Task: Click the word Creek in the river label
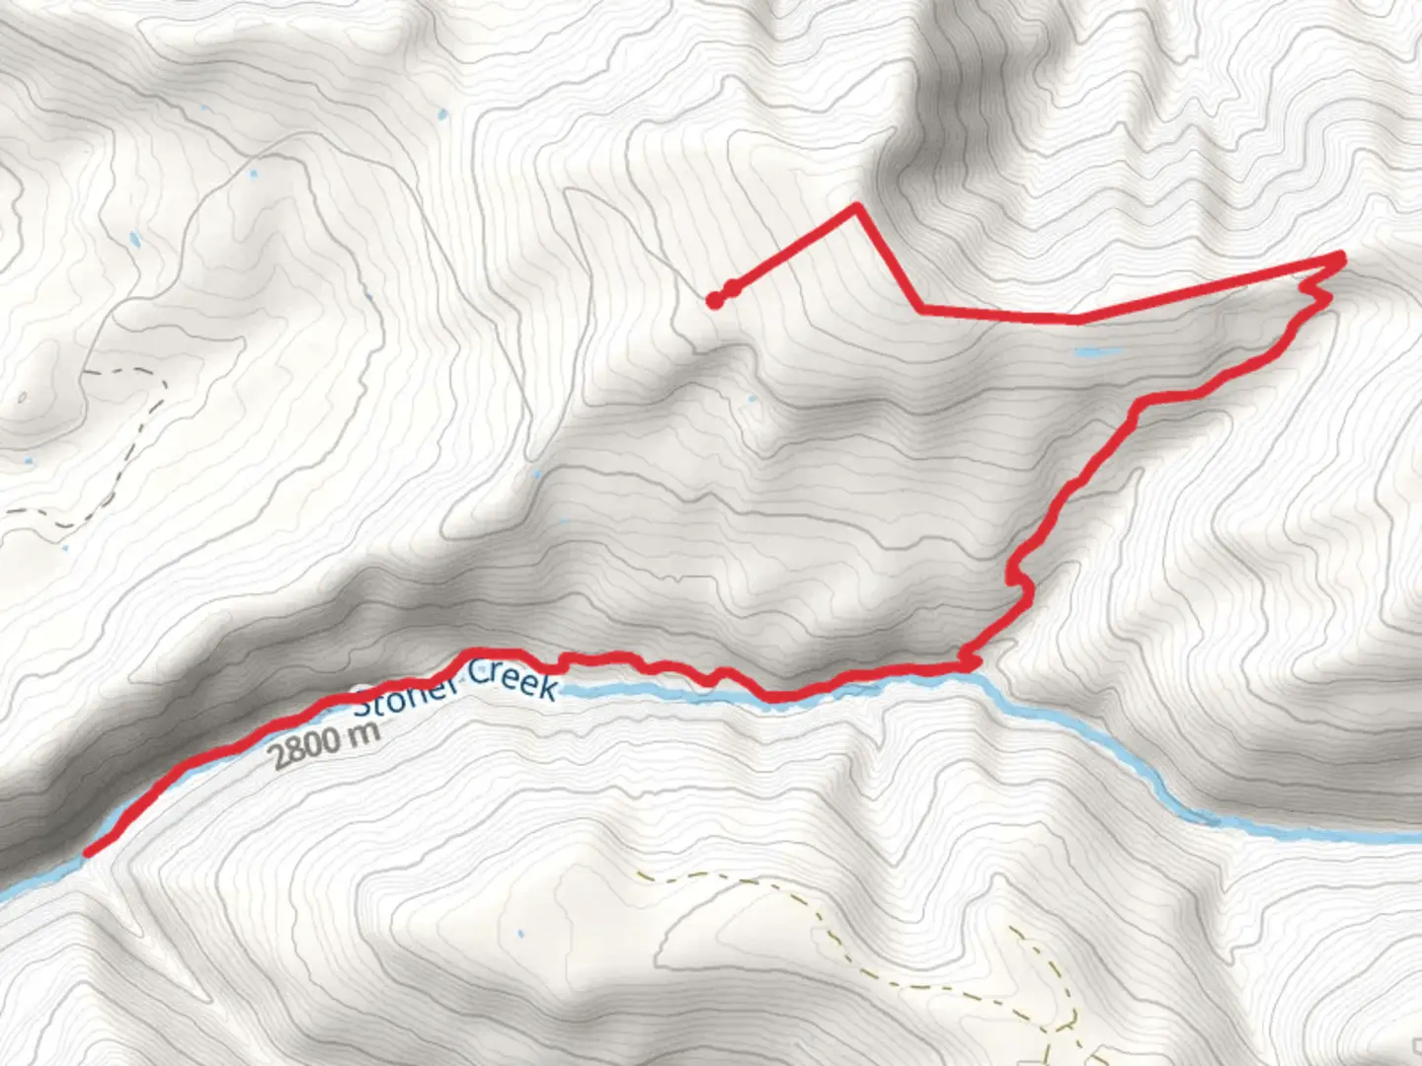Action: pyautogui.click(x=512, y=679)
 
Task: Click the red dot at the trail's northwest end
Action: pyautogui.click(x=713, y=301)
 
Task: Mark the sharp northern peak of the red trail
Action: pyautogui.click(x=857, y=206)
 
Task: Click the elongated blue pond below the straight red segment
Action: pyautogui.click(x=1098, y=351)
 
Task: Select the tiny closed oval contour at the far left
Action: pyautogui.click(x=22, y=398)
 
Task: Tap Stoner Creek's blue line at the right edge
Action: pyautogui.click(x=1407, y=837)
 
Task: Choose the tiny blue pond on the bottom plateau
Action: pyautogui.click(x=519, y=933)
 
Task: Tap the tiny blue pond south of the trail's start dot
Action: pyautogui.click(x=751, y=399)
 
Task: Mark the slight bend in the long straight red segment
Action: pyautogui.click(x=1078, y=319)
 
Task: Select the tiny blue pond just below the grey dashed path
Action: pyautogui.click(x=65, y=547)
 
